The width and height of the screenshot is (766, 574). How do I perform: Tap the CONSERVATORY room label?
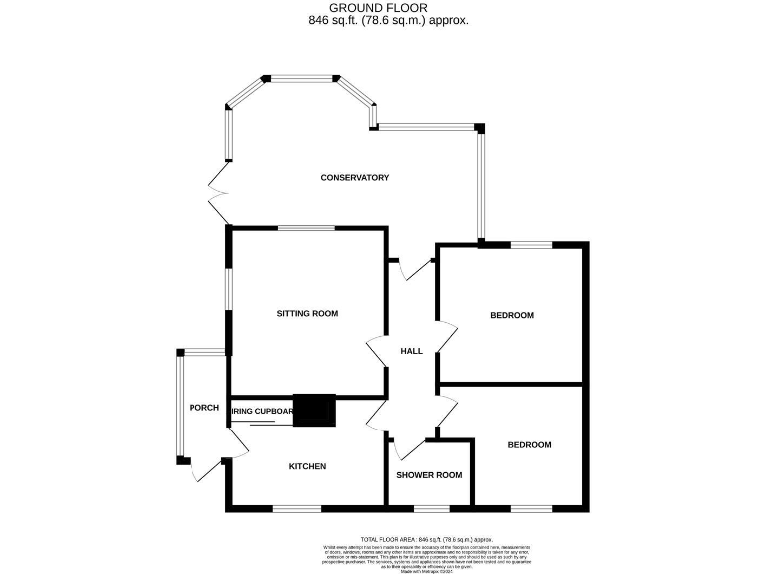(354, 178)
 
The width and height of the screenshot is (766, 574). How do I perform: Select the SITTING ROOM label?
(307, 313)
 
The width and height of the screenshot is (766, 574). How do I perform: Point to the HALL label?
(411, 351)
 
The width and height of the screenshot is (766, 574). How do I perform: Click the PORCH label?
(204, 407)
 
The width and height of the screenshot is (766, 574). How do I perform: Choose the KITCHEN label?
(307, 466)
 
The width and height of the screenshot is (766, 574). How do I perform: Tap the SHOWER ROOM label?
(429, 475)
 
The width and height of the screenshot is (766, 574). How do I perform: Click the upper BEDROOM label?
(512, 316)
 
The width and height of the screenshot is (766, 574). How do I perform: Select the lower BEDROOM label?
(528, 445)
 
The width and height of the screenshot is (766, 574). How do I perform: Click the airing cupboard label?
(261, 411)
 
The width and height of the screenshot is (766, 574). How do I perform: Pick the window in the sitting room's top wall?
(306, 228)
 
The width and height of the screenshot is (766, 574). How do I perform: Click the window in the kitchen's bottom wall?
(297, 509)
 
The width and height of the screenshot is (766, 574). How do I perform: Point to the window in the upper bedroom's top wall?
(532, 244)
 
